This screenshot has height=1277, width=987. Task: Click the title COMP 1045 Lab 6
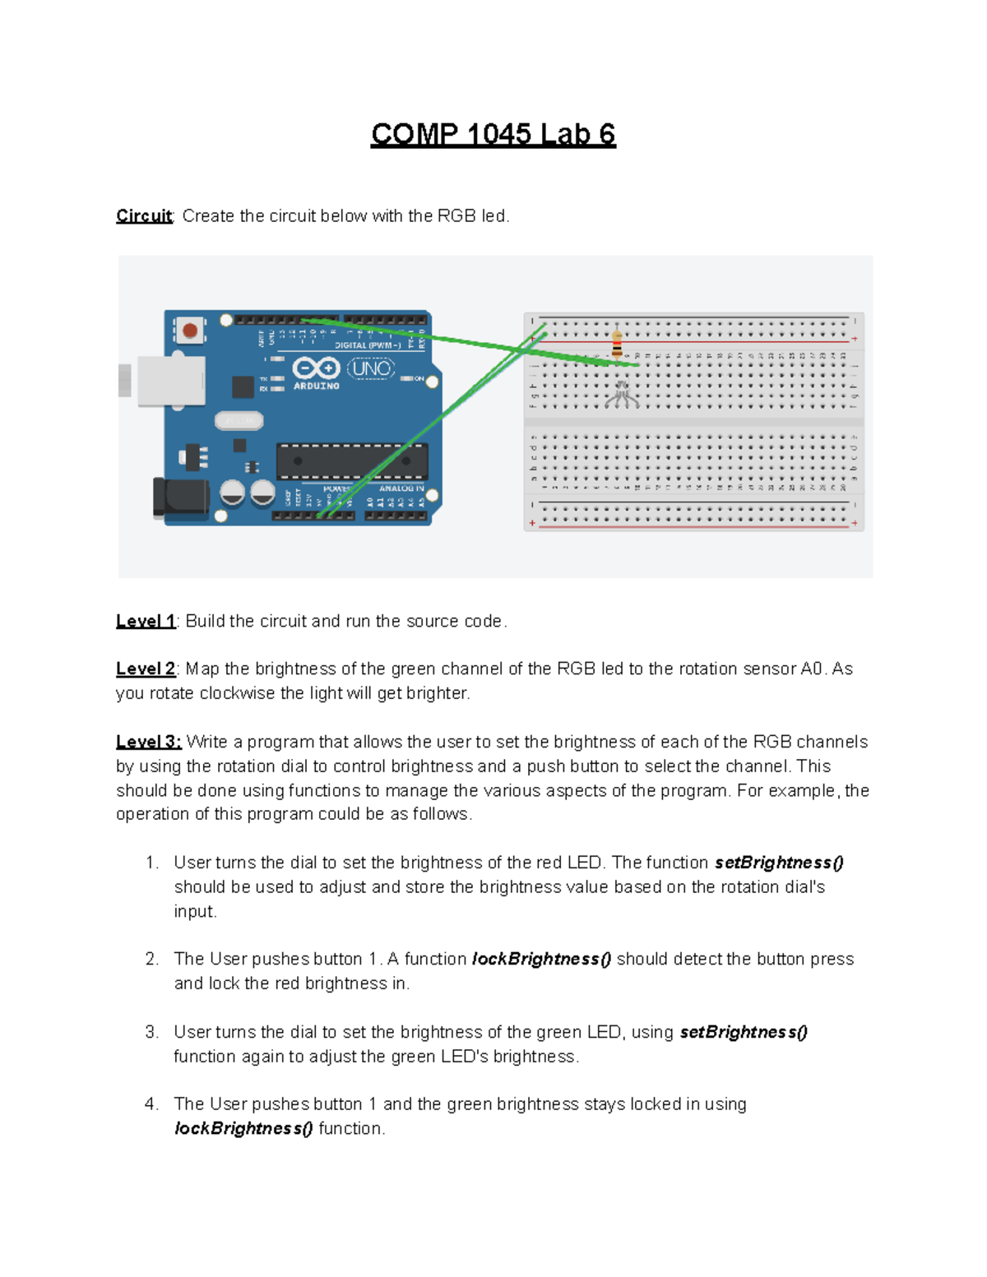tap(493, 134)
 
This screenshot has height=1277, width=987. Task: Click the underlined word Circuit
tap(144, 215)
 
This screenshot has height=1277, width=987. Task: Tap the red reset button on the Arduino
tap(190, 331)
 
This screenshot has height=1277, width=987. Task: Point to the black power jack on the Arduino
tap(181, 498)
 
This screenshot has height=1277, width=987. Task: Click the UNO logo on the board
tap(371, 368)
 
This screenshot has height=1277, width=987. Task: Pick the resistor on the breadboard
tap(617, 345)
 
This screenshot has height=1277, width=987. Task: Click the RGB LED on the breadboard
tap(622, 393)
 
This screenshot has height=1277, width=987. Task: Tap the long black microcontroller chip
tap(352, 461)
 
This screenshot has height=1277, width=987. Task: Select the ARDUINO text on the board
tap(317, 386)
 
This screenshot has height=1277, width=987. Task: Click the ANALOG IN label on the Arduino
tap(401, 488)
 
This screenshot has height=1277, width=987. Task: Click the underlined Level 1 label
tap(146, 621)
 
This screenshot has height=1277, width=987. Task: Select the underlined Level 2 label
tap(146, 669)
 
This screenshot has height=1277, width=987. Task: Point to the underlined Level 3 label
tap(148, 742)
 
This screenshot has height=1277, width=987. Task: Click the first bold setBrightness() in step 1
tap(779, 863)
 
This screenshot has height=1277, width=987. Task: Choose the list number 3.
tap(151, 1032)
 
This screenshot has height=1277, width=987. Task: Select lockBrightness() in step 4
tap(243, 1128)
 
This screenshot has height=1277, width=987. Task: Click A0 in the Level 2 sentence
tap(812, 669)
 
